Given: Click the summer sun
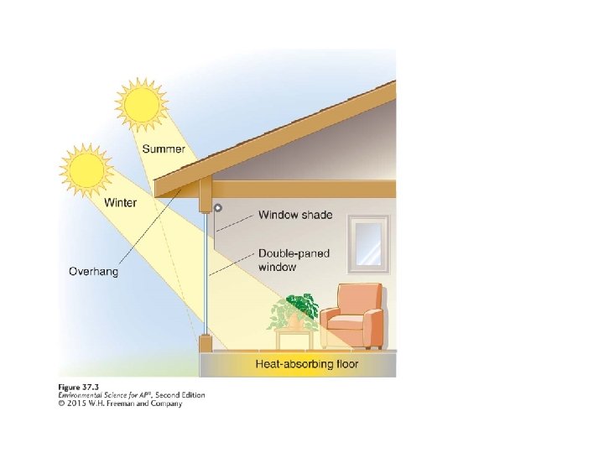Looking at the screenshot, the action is click(140, 104).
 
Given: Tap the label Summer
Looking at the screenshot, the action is click(164, 149).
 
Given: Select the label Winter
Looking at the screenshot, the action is click(120, 202).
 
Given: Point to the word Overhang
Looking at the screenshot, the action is click(93, 271).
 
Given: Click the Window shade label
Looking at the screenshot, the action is click(294, 215).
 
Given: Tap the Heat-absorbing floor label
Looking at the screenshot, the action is click(306, 364).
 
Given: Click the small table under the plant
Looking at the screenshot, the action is click(294, 338).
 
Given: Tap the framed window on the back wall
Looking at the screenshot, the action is click(369, 244).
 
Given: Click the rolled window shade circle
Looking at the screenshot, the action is click(217, 207).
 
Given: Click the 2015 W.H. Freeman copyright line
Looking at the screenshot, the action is click(119, 404).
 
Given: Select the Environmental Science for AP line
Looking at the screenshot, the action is click(131, 395).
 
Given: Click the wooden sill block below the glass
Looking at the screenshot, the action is click(206, 343).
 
